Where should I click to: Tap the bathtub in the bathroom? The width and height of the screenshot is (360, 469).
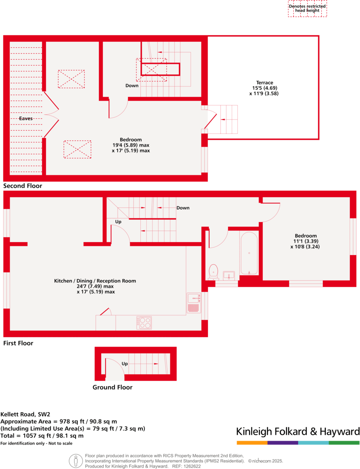pyautogui.click(x=249, y=253)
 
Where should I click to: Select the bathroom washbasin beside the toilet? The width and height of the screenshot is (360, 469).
pyautogui.click(x=229, y=275)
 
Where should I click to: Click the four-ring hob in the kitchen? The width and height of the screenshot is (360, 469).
pyautogui.click(x=144, y=323)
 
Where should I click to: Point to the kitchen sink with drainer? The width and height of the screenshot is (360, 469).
pyautogui.click(x=193, y=303)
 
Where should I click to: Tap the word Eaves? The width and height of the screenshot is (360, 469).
pyautogui.click(x=26, y=119)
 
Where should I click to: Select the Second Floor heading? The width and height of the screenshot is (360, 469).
pyautogui.click(x=23, y=186)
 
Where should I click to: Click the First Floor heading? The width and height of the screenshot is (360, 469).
pyautogui.click(x=18, y=343)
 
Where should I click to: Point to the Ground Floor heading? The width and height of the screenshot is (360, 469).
pyautogui.click(x=112, y=387)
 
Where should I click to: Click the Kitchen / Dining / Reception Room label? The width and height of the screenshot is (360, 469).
pyautogui.click(x=95, y=281)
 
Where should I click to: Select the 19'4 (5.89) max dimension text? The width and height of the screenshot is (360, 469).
pyautogui.click(x=131, y=145)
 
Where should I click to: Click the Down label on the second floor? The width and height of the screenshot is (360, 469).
pyautogui.click(x=132, y=86)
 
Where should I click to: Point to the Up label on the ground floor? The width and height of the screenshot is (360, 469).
pyautogui.click(x=124, y=364)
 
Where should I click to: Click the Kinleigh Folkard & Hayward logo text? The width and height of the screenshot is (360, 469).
pyautogui.click(x=298, y=431)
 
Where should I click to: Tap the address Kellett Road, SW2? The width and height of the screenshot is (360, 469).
pyautogui.click(x=25, y=415)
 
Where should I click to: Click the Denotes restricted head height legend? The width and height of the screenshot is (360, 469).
pyautogui.click(x=307, y=8)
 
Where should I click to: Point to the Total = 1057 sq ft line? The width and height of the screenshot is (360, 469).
pyautogui.click(x=42, y=436)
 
